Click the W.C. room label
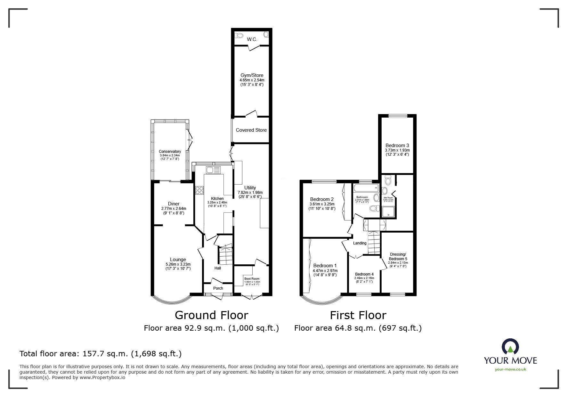click(x=252, y=39)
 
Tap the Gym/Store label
click(x=252, y=75)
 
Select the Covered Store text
click(x=251, y=130)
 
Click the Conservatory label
click(x=170, y=152)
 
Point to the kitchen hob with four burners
click(x=199, y=190)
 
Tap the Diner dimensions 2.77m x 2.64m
click(x=174, y=209)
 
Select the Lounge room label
click(x=178, y=260)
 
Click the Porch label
click(x=218, y=288)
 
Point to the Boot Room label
click(x=252, y=279)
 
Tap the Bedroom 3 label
click(x=397, y=145)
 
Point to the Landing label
click(x=360, y=243)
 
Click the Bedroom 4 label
click(x=364, y=274)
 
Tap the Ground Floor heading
click(x=211, y=315)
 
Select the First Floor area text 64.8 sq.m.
click(x=358, y=328)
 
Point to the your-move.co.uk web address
click(x=510, y=369)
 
